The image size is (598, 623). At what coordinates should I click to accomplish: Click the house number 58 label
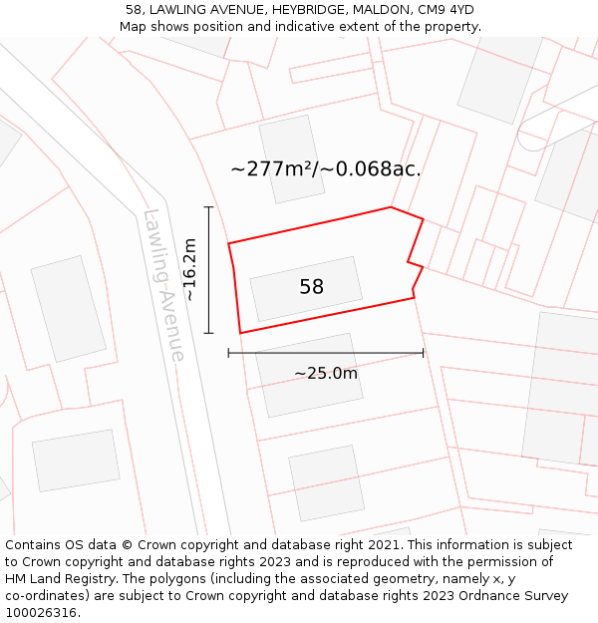(x=311, y=287)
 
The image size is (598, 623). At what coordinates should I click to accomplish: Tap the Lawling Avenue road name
(x=164, y=285)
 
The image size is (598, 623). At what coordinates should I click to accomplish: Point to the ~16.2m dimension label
(x=189, y=269)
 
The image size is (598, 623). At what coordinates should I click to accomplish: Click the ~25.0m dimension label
(x=325, y=373)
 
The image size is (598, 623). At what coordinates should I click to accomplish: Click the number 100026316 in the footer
(x=42, y=612)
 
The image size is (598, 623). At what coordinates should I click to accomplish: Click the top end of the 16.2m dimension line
(x=208, y=207)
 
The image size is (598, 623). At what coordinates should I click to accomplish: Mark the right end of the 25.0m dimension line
(x=424, y=352)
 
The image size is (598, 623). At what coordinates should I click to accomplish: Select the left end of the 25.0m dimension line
(x=228, y=352)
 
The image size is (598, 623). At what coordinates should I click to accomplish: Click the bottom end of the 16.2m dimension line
(x=208, y=333)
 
